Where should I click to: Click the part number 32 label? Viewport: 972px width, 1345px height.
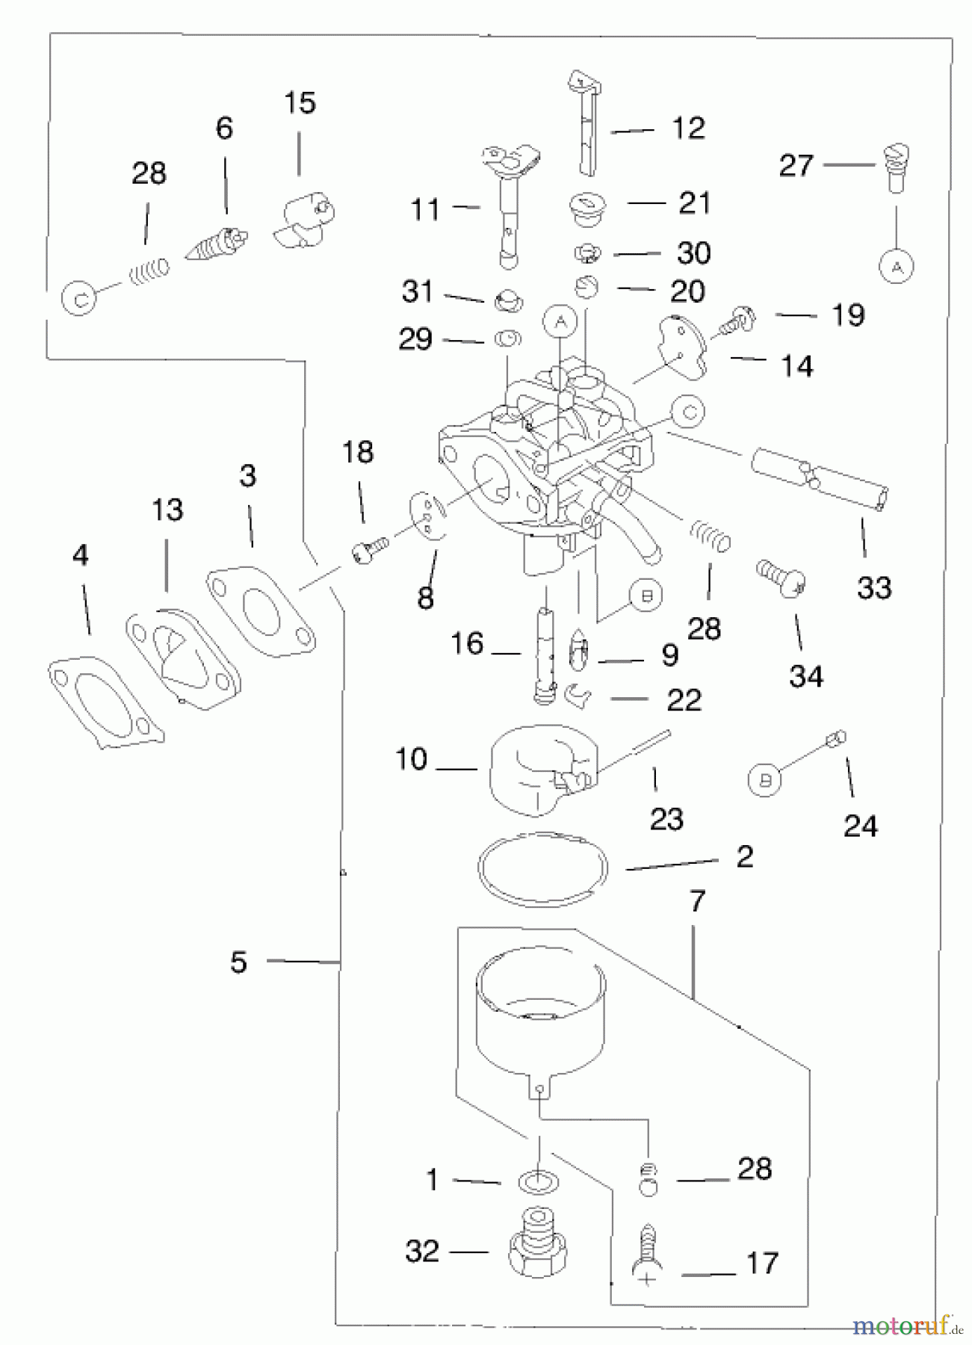pos(422,1251)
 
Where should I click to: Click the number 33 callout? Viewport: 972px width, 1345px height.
pos(874,588)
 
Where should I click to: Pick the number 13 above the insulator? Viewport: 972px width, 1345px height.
pos(167,510)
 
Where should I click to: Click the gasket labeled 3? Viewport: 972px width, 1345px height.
pos(261,613)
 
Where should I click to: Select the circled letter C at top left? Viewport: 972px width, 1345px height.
pos(81,300)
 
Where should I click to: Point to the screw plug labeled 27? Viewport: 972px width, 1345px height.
pos(895,167)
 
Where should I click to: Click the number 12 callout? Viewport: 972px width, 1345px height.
pos(688,129)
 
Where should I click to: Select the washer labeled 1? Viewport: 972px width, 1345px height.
pos(538,1182)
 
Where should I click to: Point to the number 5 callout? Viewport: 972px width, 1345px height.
pos(238,962)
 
